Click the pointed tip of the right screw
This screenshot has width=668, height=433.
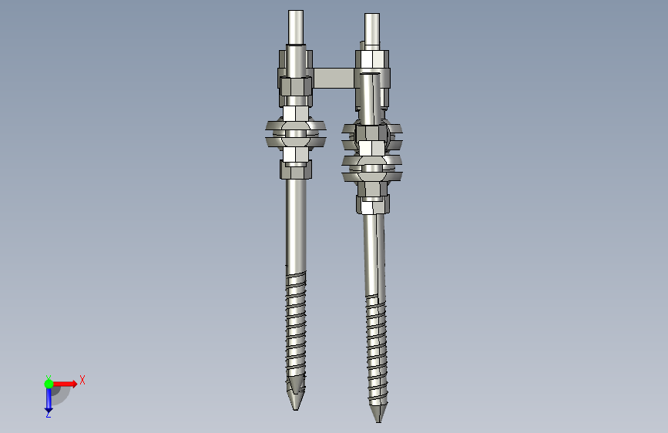(378, 422)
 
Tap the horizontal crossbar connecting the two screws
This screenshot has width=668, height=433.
(334, 78)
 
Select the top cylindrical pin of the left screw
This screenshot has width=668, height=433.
(296, 27)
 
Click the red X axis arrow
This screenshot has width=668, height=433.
(64, 384)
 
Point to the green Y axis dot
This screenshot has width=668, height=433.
(49, 384)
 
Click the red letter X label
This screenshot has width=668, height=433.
(82, 380)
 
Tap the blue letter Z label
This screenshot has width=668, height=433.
(48, 414)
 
